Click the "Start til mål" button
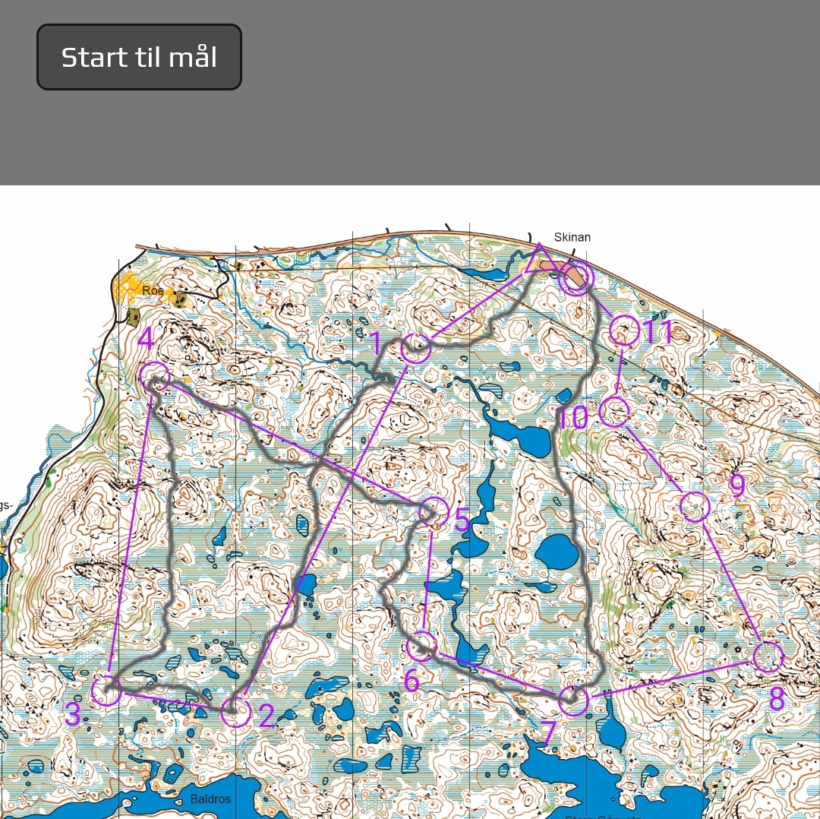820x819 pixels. [139, 57]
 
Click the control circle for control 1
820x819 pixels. [415, 348]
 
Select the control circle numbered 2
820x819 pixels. [235, 713]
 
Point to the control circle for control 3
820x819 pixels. [106, 691]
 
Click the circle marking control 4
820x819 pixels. [154, 376]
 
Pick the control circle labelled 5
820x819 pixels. [434, 511]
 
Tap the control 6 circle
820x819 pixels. [421, 647]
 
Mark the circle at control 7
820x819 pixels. [573, 700]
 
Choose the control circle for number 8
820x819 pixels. [768, 657]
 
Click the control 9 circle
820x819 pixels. [695, 506]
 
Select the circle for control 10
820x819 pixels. [614, 411]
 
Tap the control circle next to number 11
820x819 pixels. [624, 330]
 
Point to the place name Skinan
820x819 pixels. [572, 237]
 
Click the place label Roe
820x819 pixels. [153, 290]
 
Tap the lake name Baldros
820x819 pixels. [210, 798]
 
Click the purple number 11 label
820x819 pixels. [658, 331]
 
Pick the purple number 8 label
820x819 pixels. [776, 699]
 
